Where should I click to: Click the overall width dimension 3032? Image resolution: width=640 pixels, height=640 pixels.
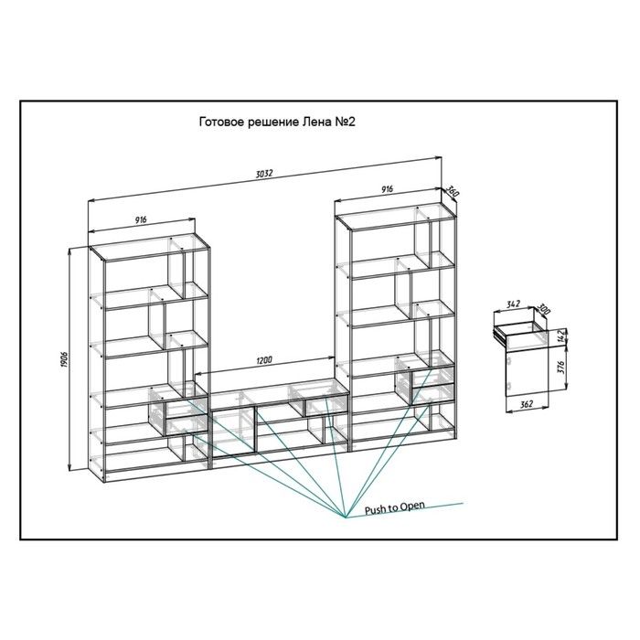pos(264,174)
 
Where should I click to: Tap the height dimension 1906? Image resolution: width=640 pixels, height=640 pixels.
pos(64,358)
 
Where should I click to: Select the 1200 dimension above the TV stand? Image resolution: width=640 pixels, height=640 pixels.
pos(264,360)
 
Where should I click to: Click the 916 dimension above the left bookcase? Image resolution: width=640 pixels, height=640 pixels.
pos(141,220)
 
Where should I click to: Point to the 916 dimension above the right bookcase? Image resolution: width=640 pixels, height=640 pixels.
pos(387,189)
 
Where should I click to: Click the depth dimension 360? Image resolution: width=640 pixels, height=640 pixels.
pos(452,191)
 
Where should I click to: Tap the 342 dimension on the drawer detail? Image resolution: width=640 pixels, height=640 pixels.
pos(513,304)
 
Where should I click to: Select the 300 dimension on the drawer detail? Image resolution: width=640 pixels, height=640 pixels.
pos(543,309)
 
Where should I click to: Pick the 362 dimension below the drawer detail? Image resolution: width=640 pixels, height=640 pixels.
pos(527,404)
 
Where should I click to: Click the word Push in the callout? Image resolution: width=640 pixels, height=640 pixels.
pos(376,510)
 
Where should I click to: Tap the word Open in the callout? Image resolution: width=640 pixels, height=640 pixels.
pos(411,507)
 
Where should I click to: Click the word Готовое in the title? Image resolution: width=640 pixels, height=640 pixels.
pos(221,122)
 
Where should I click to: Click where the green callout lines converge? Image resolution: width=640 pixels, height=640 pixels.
pos(346,517)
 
